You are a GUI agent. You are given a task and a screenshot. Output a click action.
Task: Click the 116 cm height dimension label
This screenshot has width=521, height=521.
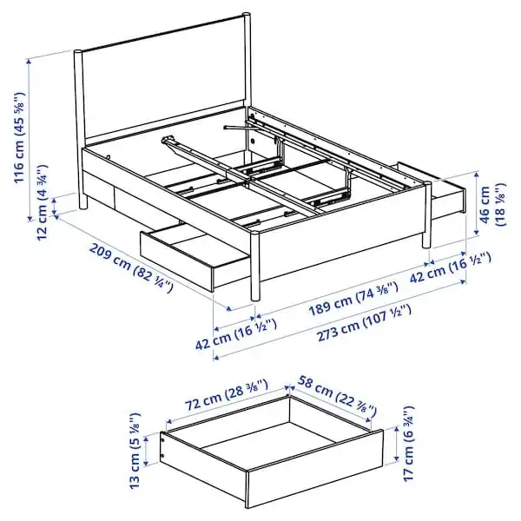pos(19,137)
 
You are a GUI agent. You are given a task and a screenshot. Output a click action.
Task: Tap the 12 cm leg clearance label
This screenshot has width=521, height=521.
pos(43,202)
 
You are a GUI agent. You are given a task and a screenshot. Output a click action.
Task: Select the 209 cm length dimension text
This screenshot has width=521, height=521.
pos(131,267)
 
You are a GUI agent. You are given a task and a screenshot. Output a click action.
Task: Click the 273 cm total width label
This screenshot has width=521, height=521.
pos(364,323)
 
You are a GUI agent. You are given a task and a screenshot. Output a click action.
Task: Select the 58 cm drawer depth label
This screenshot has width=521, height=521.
pos(337,395)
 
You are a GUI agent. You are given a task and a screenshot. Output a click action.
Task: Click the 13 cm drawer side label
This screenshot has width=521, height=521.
pos(135,451)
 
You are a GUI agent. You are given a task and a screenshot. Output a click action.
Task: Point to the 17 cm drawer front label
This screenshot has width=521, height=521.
pos(409,443)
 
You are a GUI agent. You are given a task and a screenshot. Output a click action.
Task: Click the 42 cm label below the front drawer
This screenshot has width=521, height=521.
pos(236,334)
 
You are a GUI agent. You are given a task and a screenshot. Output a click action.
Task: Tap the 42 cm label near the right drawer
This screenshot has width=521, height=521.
pos(450,267)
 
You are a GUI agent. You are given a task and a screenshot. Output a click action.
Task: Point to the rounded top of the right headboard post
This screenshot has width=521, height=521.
pos(247,15)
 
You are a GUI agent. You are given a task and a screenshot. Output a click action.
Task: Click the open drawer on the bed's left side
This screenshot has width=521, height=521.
pos(195,254)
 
